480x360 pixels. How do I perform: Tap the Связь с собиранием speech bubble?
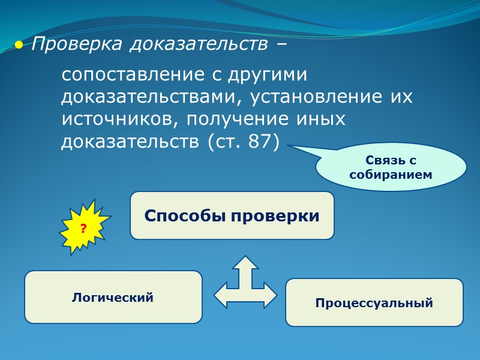pyautogui.click(x=391, y=167)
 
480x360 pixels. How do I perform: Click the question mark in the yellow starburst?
pyautogui.click(x=83, y=228)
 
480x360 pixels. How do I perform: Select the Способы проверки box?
pyautogui.click(x=232, y=215)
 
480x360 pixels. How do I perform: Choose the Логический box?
pyautogui.click(x=113, y=297)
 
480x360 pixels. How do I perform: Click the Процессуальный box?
pyautogui.click(x=374, y=302)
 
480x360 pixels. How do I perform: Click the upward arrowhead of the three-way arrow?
pyautogui.click(x=245, y=262)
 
